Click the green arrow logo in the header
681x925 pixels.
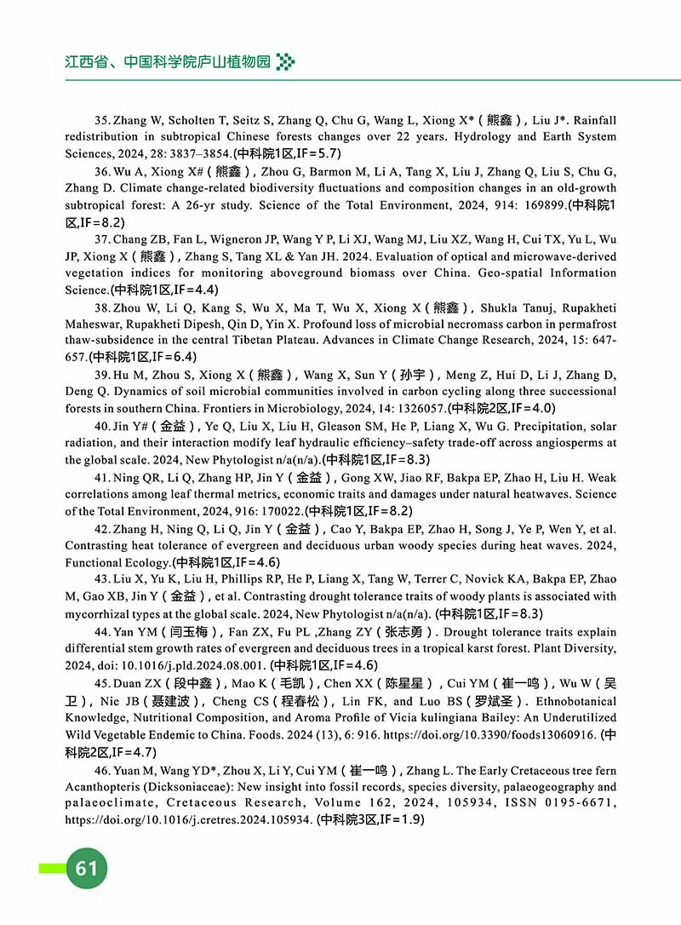click(286, 61)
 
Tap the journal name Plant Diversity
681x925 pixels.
click(569, 649)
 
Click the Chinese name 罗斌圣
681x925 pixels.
click(494, 702)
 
